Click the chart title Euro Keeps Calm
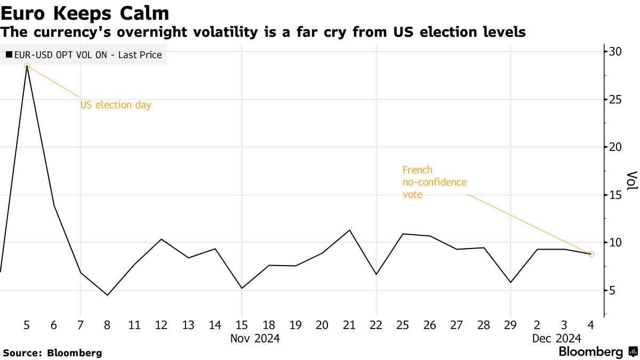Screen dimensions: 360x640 point(85,13)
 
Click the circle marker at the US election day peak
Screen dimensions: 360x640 point(27,66)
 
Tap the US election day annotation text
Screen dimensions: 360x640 point(116,105)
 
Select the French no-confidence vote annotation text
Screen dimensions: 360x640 point(434,182)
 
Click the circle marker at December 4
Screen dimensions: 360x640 point(591,254)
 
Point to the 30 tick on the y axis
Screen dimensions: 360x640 point(616,52)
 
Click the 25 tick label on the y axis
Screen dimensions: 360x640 point(616,100)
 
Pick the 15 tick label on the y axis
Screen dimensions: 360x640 point(616,195)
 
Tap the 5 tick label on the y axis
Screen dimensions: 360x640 point(613,291)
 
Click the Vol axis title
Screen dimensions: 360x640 point(631,181)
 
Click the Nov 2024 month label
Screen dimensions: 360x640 point(254,338)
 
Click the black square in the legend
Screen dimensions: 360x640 point(9,55)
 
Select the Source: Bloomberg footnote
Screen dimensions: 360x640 point(52,353)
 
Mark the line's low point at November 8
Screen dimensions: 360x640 point(107,295)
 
